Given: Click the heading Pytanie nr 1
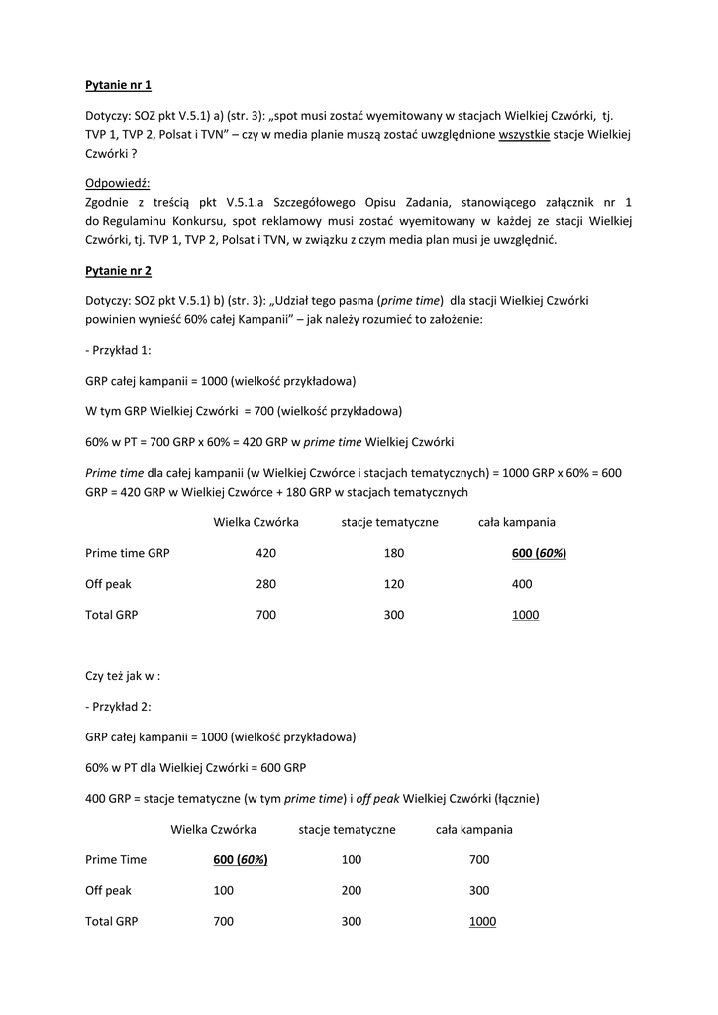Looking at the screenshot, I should click(118, 86).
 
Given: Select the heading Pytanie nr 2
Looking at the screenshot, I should click(118, 270).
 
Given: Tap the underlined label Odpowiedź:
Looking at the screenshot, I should click(117, 183).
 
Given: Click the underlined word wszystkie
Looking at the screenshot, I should click(524, 133).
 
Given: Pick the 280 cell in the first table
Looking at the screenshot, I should click(265, 584).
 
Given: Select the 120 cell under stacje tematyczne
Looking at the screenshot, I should click(393, 584).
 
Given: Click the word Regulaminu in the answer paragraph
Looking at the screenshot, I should click(129, 220).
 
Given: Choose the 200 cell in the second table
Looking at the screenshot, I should click(352, 890).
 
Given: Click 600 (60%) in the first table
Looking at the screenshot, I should click(539, 553).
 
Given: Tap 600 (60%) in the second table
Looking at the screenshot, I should click(240, 859).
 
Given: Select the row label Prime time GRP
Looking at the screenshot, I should click(128, 553).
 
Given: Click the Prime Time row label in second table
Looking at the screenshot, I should click(116, 859).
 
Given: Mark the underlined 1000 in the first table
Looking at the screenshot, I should click(525, 615).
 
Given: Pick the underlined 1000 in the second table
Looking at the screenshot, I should click(482, 921).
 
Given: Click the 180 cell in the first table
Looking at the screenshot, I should click(393, 553).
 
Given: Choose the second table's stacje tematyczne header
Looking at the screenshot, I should click(347, 829).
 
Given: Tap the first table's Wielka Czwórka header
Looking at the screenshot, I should click(256, 522).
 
